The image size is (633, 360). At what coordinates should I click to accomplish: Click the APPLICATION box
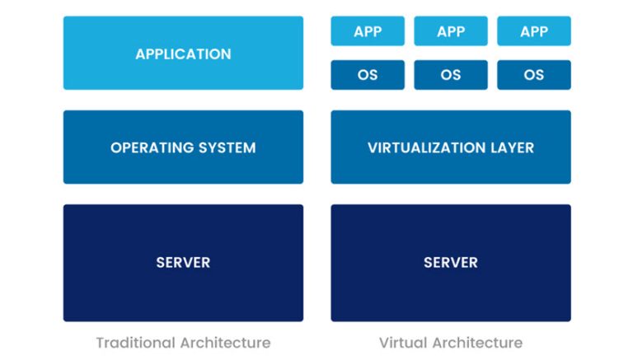(x=183, y=54)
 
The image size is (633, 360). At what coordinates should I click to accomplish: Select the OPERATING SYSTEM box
(x=183, y=147)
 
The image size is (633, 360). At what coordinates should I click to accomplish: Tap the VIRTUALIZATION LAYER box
(x=450, y=147)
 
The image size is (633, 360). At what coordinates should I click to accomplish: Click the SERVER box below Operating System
(x=183, y=263)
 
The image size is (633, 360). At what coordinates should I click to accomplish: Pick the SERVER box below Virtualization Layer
(x=450, y=263)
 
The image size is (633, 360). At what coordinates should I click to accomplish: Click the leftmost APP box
(x=368, y=31)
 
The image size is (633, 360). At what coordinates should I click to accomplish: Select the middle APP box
(x=451, y=31)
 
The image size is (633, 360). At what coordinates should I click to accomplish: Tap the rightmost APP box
(x=534, y=31)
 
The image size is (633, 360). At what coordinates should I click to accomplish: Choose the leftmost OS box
(x=368, y=75)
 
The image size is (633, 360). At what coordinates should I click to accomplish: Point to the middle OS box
(x=451, y=75)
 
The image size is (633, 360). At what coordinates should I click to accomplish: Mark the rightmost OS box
(x=534, y=75)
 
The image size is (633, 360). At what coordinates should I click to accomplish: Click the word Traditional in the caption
(x=134, y=343)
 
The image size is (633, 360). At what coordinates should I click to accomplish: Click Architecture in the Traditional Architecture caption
(x=223, y=343)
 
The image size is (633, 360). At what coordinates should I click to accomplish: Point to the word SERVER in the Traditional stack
(x=183, y=263)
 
